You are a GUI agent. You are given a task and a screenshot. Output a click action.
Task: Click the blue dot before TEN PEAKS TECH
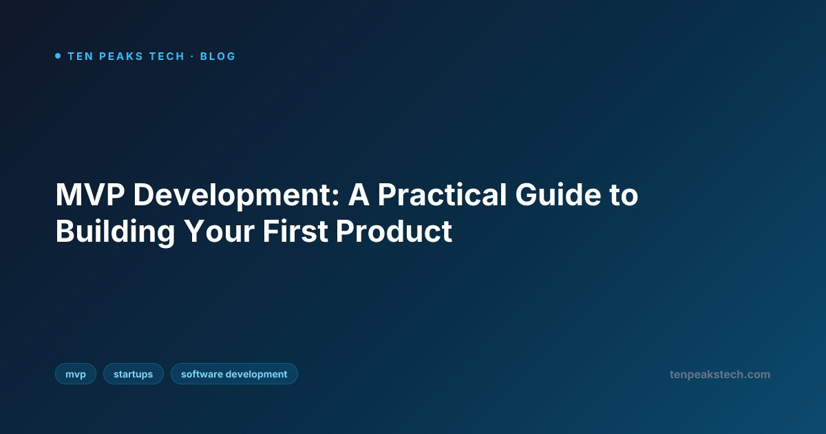pos(58,56)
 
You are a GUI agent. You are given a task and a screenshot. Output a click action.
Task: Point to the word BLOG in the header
pos(218,56)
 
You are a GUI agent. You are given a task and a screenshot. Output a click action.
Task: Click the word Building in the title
pos(115,231)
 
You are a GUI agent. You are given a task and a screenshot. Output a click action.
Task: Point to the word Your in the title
pos(219,231)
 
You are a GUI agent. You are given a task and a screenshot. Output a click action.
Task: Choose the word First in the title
pos(295,231)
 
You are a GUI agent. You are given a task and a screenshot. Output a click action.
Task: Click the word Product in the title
pos(394,231)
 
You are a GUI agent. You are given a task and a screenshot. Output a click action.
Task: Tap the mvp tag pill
pos(76,374)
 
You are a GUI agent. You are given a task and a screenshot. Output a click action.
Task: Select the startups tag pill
pos(134,374)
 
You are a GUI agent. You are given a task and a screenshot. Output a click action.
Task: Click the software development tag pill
pos(234,374)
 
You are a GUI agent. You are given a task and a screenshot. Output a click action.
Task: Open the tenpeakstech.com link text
pos(720,375)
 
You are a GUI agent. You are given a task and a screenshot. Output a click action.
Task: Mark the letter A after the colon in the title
pos(359,196)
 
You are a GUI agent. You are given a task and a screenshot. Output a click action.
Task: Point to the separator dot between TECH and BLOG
pos(193,56)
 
